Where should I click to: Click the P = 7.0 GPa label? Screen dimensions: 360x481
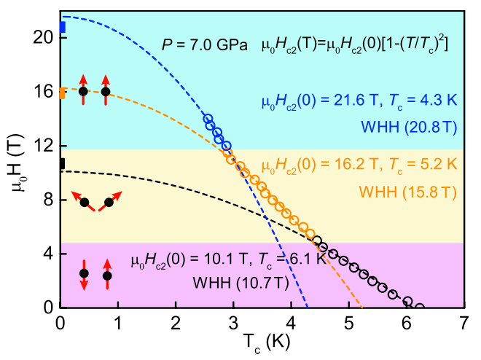(x=206, y=46)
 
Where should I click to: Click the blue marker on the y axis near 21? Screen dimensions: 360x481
(x=62, y=28)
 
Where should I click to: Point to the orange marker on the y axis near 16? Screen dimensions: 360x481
(x=62, y=93)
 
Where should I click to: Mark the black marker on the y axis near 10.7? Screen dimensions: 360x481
(x=62, y=164)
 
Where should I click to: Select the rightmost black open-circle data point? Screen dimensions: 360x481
(x=419, y=306)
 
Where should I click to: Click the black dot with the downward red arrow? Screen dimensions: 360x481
(x=84, y=273)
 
